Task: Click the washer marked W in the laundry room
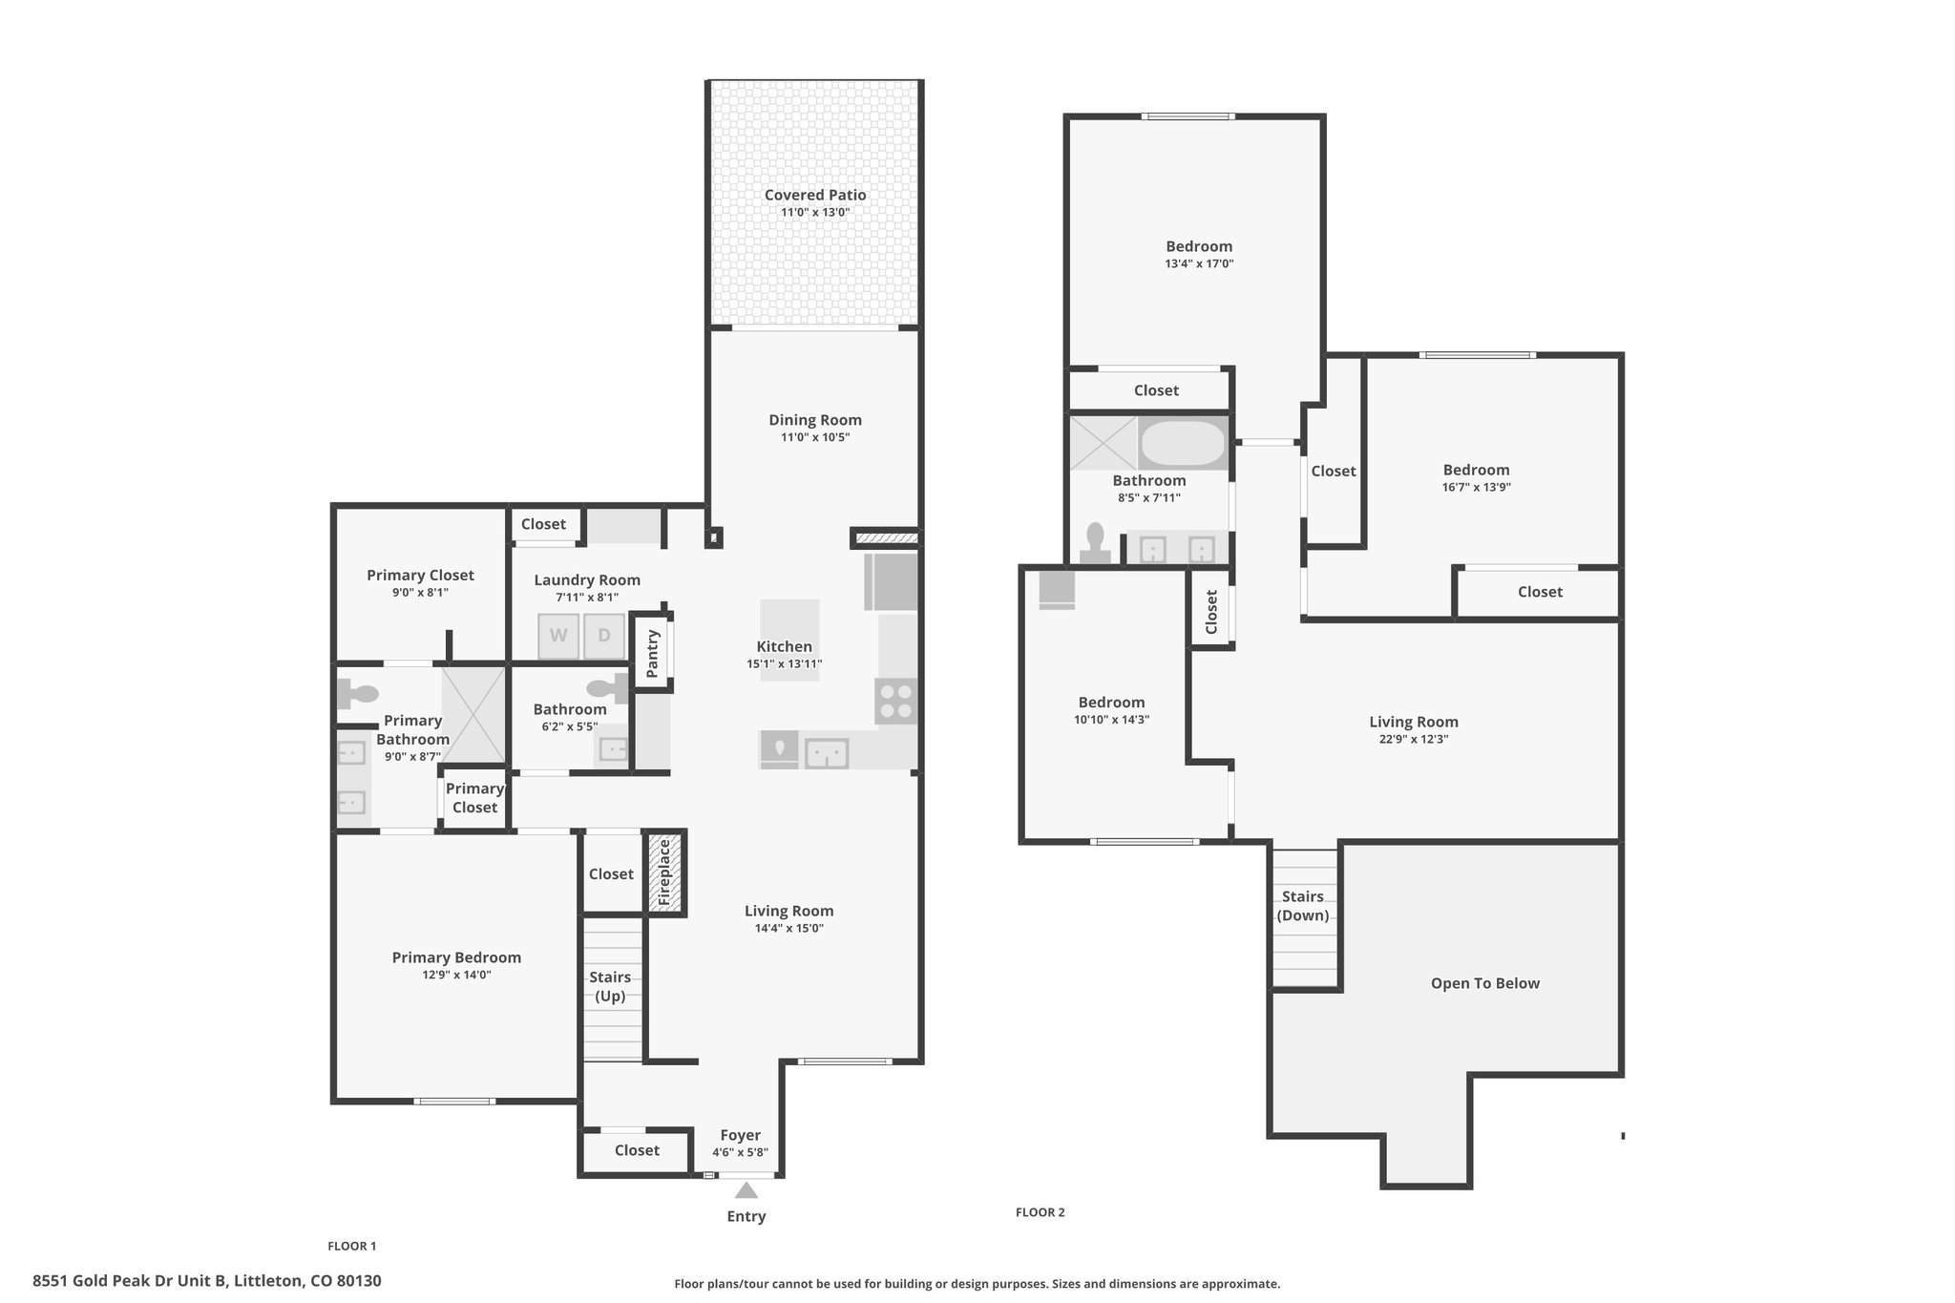558,637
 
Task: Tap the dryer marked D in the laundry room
603,637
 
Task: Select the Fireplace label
665,873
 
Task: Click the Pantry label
653,654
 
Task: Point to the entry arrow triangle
746,1190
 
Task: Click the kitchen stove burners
896,701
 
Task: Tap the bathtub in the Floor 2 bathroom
1183,444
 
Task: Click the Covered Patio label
815,195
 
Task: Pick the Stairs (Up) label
610,987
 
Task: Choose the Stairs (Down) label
1303,906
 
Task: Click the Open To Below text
1485,983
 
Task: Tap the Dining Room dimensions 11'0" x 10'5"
815,438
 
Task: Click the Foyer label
741,1135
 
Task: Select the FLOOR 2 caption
1041,1212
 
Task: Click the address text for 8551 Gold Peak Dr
207,1281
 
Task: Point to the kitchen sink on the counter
827,753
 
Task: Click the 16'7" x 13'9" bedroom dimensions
1477,488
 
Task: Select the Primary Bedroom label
456,957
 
